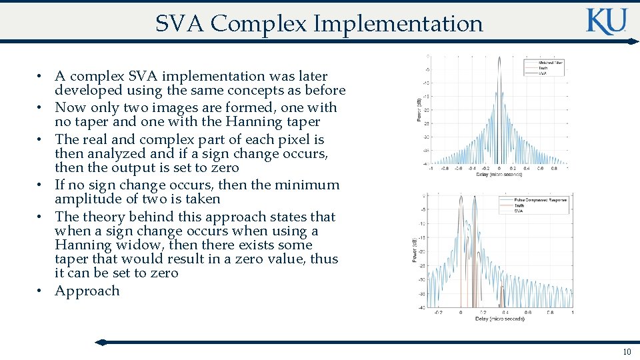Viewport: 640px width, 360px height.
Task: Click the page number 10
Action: [x=626, y=351]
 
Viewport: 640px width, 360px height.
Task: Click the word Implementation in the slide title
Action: [x=398, y=23]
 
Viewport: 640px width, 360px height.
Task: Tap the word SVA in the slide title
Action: [x=180, y=23]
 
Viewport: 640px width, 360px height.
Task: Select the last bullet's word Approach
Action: [x=87, y=291]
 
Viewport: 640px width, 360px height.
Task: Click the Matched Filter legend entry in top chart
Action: [x=551, y=63]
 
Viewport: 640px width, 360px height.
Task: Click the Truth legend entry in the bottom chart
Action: [x=519, y=205]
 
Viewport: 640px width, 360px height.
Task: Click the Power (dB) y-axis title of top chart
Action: [x=418, y=110]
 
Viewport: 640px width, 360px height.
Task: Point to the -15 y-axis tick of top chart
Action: [x=425, y=96]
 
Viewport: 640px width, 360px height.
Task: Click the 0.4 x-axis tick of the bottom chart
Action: [x=505, y=312]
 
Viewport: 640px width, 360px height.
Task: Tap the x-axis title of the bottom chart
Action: [x=500, y=319]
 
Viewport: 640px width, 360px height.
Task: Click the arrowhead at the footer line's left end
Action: [x=101, y=342]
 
